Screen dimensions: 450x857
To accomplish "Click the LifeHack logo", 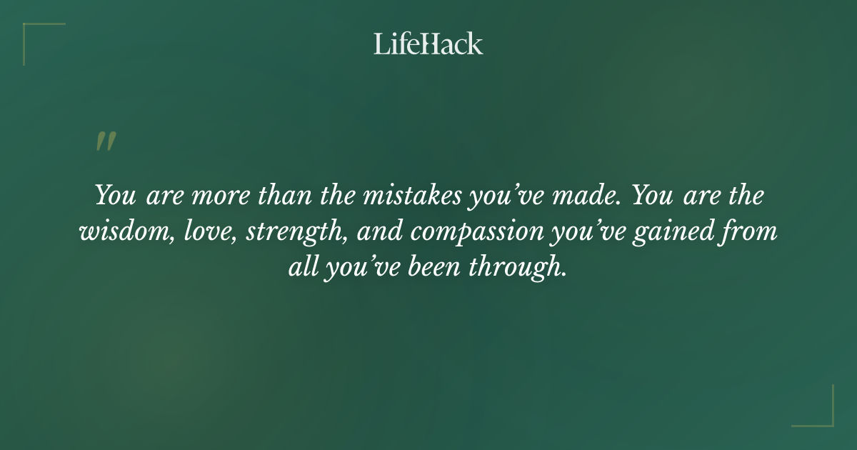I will [x=428, y=44].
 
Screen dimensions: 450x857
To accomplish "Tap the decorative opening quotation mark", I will [x=105, y=141].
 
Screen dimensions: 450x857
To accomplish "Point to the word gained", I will [x=660, y=234].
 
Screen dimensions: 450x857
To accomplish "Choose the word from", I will [x=748, y=232].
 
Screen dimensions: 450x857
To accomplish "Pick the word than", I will [x=281, y=196].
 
